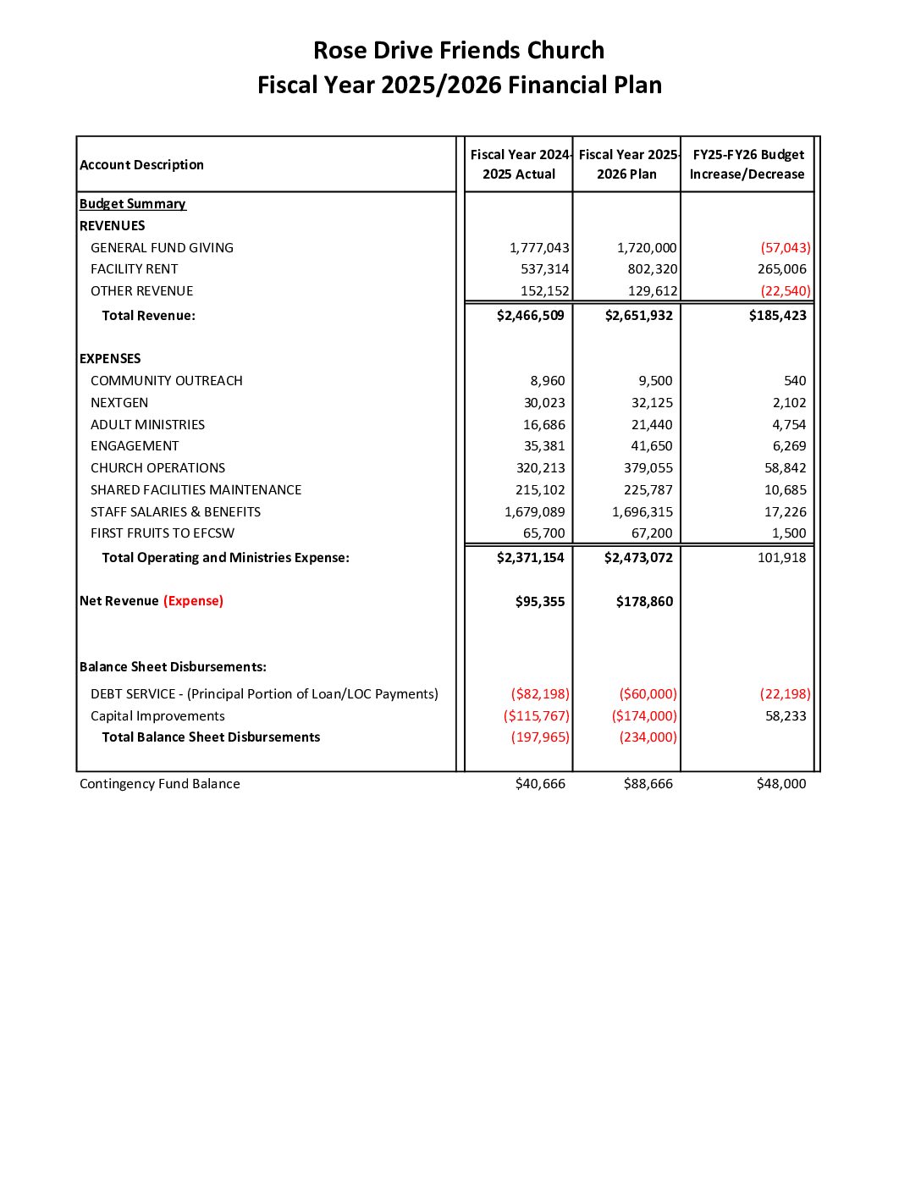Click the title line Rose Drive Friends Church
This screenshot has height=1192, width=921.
(x=459, y=51)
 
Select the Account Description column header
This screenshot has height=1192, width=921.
(x=141, y=165)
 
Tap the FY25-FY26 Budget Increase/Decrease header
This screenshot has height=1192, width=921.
(x=747, y=164)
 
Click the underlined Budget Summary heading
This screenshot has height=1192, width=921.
(x=132, y=204)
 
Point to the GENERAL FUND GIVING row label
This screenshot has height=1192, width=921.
(x=162, y=248)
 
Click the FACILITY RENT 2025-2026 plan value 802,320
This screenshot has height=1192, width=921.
(x=647, y=269)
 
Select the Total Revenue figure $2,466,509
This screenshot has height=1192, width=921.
(x=531, y=316)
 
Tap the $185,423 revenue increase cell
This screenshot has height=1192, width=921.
(x=777, y=316)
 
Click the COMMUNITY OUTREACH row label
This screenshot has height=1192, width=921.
(x=167, y=381)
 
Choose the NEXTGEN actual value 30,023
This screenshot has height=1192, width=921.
(x=544, y=403)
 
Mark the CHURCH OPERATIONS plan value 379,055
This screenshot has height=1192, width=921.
(x=648, y=468)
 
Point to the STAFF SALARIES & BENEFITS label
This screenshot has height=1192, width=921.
(x=175, y=512)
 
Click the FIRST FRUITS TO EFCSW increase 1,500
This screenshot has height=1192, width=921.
(x=789, y=533)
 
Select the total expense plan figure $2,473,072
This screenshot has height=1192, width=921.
(x=638, y=558)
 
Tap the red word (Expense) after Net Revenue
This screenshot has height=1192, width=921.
(x=193, y=601)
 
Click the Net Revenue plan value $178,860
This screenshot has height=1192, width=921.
(x=644, y=602)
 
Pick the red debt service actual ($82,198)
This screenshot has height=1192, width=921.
(x=540, y=694)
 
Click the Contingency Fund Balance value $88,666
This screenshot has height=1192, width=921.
(x=648, y=784)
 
